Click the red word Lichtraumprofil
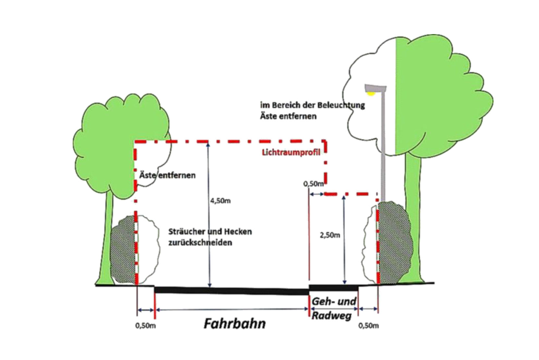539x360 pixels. (291, 152)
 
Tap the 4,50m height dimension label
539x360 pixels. (220, 201)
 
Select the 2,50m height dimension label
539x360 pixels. (330, 235)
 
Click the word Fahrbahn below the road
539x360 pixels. (235, 324)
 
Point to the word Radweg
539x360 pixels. (331, 316)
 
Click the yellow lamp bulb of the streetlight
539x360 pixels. (370, 94)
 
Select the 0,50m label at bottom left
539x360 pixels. (145, 326)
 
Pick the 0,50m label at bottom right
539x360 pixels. (368, 326)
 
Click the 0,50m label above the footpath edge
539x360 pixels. (313, 184)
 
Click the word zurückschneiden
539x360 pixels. (200, 242)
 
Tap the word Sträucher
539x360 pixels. (186, 232)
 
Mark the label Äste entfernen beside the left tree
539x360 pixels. (167, 175)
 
